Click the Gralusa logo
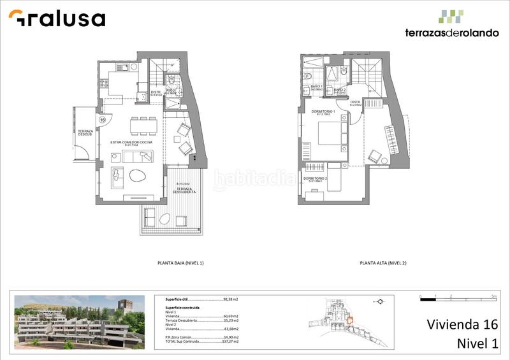coord(57,18)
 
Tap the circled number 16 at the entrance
coord(103,119)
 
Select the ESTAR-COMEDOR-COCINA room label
coord(131,143)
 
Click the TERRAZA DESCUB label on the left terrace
coord(86,133)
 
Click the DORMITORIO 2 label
coord(316,179)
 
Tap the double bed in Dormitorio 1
coord(332,134)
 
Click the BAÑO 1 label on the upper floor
coord(317,87)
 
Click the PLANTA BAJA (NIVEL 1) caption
coord(184,263)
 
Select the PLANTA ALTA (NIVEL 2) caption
coord(382,263)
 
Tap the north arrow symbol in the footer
coord(378,301)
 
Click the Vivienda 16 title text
coord(462,325)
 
